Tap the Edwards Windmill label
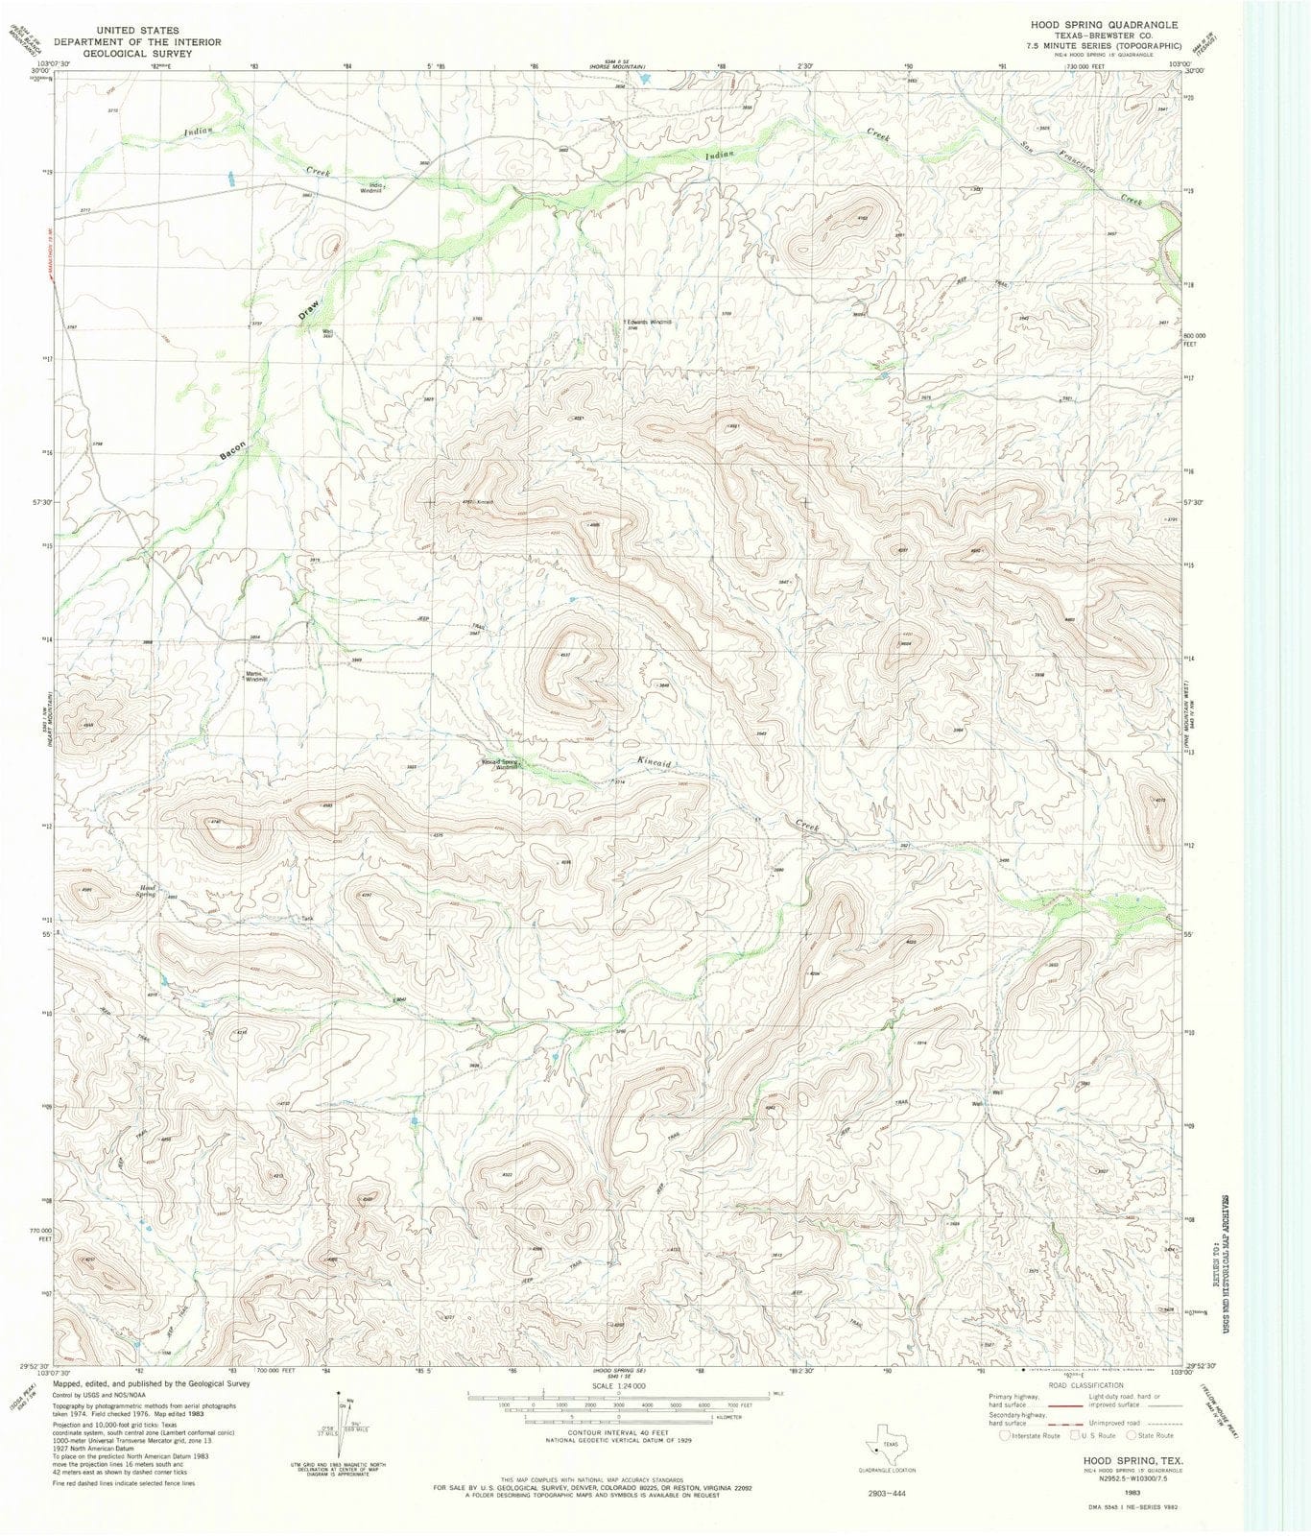[649, 323]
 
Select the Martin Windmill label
[254, 676]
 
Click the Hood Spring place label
[148, 890]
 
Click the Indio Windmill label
[370, 189]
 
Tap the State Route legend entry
[1152, 1436]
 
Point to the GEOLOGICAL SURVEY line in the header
[136, 54]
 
